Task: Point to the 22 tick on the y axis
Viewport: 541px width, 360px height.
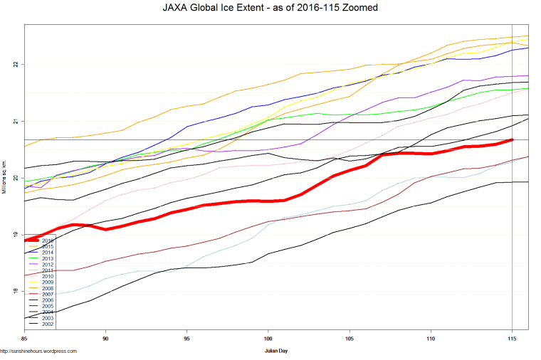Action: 15,65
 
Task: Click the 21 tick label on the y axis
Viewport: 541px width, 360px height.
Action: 15,121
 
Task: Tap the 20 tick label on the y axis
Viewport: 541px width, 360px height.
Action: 15,178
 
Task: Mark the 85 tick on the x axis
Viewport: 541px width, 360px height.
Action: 25,339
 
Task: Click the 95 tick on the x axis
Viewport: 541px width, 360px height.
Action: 187,339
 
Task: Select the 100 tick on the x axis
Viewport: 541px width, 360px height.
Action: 268,339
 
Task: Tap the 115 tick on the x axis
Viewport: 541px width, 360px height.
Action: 512,339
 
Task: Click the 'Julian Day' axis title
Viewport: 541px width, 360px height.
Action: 277,351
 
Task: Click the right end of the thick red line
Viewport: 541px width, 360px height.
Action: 512,140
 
